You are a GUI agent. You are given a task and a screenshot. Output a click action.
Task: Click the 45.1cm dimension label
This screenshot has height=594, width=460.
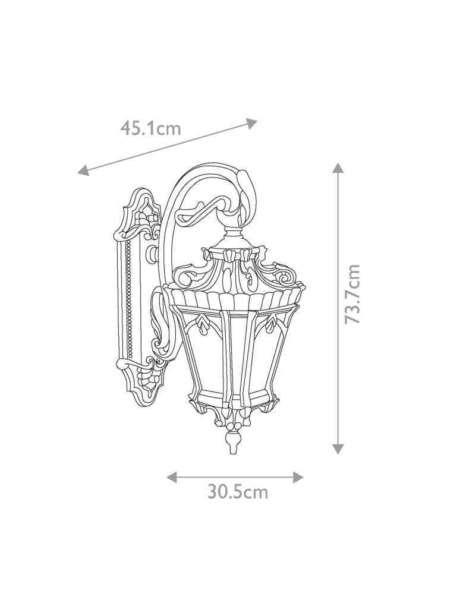[x=150, y=128]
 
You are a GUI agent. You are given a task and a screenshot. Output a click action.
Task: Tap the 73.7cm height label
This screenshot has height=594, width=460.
[x=353, y=294]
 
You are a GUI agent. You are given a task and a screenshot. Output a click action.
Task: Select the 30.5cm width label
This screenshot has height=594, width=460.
[x=237, y=492]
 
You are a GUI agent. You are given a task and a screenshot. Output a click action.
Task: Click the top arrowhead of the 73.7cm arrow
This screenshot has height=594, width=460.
[x=338, y=168]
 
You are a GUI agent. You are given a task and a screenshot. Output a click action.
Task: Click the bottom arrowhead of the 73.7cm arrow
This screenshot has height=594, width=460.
[x=338, y=449]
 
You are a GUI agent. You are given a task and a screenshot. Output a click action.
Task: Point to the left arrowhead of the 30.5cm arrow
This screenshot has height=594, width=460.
[x=172, y=477]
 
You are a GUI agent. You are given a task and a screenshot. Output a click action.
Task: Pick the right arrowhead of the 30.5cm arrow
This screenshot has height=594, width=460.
[x=298, y=477]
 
